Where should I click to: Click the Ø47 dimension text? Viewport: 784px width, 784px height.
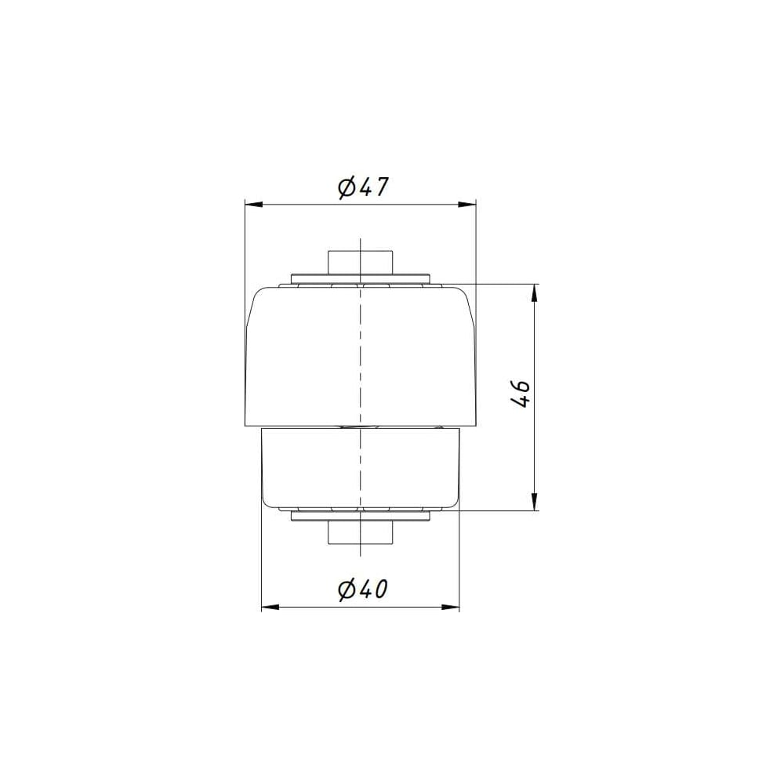[x=363, y=187]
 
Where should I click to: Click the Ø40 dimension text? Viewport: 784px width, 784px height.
[x=363, y=590]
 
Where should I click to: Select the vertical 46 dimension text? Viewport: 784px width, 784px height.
[x=521, y=394]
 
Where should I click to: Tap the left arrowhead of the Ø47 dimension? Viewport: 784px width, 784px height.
[x=254, y=204]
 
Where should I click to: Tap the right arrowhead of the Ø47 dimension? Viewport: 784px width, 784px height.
[x=467, y=204]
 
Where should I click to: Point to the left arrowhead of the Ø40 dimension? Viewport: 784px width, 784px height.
[x=270, y=607]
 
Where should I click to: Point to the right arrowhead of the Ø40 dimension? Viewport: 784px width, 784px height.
[x=450, y=607]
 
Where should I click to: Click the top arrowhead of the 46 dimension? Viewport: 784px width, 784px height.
[x=535, y=293]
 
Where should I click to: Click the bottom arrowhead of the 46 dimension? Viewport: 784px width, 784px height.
[x=535, y=502]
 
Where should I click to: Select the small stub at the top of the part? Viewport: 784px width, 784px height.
[x=360, y=263]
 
